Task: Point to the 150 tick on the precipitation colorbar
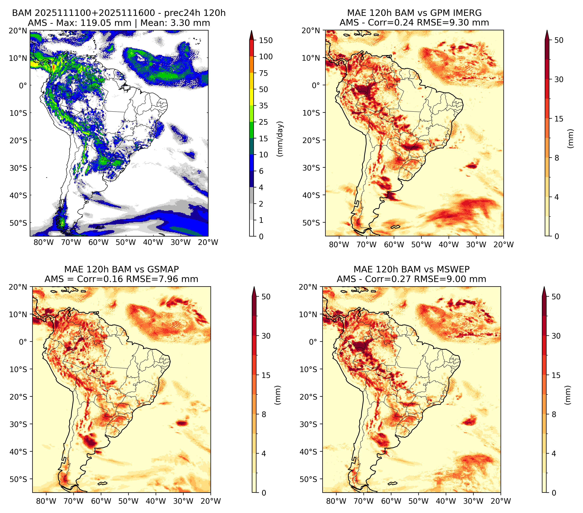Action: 266,40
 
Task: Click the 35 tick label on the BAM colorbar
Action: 263,106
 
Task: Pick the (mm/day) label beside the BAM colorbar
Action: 280,139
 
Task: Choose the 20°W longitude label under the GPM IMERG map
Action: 503,245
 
